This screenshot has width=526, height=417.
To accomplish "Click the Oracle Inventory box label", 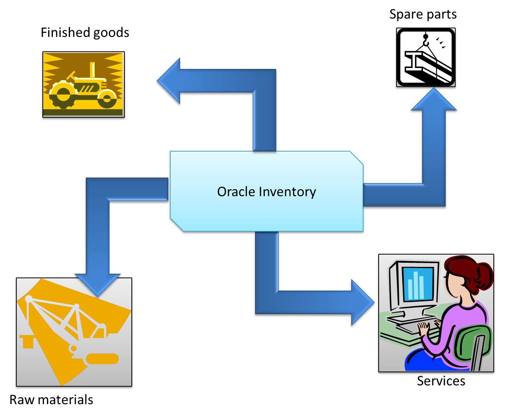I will [266, 192].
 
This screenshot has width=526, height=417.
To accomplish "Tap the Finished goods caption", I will [85, 33].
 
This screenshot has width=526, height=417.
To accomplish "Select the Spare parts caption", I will [423, 14].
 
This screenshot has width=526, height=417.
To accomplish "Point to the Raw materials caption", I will [51, 400].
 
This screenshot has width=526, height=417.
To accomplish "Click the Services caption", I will [441, 381].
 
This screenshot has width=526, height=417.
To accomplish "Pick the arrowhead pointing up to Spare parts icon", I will [434, 100].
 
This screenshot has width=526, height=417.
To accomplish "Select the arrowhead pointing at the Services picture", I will [362, 302].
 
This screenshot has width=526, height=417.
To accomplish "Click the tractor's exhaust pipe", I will [93, 70].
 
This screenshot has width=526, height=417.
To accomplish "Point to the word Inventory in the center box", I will [288, 192].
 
